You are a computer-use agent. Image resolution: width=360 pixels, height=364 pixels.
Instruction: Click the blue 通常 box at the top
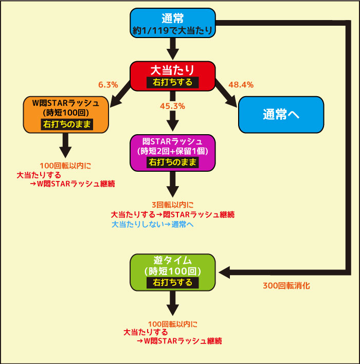pos(173,23)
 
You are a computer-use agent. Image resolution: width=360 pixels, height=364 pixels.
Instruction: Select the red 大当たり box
pos(173,76)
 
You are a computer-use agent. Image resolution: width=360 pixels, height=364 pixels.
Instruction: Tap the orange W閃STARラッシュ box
pos(66,115)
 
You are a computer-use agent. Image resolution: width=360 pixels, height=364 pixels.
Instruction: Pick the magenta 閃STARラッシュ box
pos(173,153)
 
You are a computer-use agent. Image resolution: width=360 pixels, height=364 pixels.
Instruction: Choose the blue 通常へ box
pos(281,115)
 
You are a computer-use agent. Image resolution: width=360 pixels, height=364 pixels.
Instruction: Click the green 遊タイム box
pos(173,272)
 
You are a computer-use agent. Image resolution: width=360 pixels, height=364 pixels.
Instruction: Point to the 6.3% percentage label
pos(108,85)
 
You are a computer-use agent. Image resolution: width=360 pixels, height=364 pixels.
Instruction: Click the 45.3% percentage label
pos(172,106)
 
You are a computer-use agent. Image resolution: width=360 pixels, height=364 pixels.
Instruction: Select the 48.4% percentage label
pos(241,85)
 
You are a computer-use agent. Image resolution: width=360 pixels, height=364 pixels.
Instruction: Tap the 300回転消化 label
pos(286,285)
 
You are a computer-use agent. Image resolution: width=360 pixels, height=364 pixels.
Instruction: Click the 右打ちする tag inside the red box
pos(173,82)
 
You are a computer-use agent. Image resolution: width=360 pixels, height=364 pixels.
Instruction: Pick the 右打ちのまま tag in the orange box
pos(67,124)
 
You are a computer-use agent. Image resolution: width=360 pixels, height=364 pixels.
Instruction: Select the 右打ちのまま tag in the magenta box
pos(173,162)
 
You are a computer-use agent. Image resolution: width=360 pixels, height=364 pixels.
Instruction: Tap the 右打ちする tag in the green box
pos(173,283)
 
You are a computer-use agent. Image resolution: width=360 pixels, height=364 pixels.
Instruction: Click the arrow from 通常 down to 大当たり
pos(173,49)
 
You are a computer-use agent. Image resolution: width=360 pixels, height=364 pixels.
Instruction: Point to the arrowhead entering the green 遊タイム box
pos(224,272)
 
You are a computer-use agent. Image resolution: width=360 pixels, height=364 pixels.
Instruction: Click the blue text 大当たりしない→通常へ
pos(153,225)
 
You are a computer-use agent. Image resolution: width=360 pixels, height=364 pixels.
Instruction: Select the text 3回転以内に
pos(173,205)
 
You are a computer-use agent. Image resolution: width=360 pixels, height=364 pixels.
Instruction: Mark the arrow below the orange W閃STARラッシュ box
pos(65,145)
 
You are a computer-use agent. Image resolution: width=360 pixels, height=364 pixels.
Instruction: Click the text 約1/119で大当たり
pos(173,30)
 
